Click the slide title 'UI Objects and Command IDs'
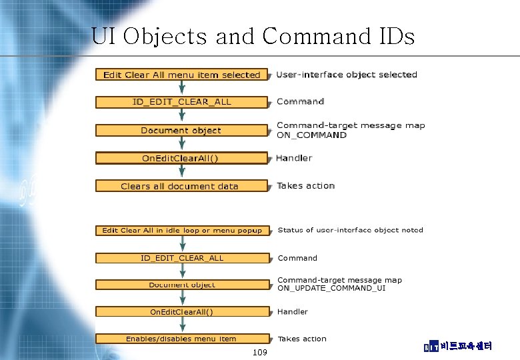[x=253, y=36]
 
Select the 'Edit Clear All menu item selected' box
[x=181, y=75]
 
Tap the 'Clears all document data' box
[x=180, y=186]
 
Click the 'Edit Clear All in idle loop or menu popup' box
[x=182, y=231]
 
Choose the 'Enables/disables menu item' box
[x=181, y=339]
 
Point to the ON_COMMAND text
[x=311, y=135]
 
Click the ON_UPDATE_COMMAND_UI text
[x=331, y=289]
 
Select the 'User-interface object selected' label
[x=347, y=75]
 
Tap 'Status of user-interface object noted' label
[x=350, y=230]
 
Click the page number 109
[x=261, y=351]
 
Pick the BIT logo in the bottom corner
[x=431, y=347]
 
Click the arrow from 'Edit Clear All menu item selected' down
[x=181, y=88]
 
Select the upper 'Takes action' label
[x=305, y=185]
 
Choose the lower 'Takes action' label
[x=302, y=339]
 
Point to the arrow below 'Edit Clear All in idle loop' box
[x=181, y=244]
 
